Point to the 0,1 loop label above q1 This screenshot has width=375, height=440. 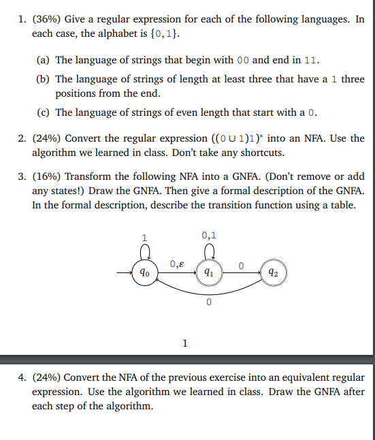click(209, 236)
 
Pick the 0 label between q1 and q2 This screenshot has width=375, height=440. click(242, 265)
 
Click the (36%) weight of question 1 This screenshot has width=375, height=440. click(47, 19)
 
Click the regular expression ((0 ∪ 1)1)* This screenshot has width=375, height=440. click(223, 138)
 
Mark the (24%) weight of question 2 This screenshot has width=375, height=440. click(47, 138)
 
